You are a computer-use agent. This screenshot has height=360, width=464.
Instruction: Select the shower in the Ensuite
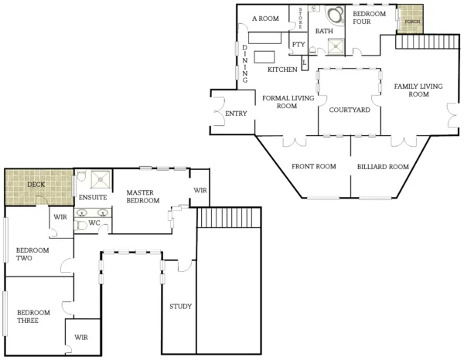coord(101,180)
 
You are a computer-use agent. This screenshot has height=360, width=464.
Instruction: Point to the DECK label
coord(36,185)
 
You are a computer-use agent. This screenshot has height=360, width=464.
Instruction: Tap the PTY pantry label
coord(299,44)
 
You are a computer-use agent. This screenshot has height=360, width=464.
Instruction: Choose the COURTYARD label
coord(350,110)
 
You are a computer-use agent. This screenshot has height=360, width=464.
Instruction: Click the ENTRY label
coord(235,114)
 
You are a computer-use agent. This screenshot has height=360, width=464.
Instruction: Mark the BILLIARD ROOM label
coord(382,166)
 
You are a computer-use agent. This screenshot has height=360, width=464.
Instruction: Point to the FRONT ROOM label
coord(313,166)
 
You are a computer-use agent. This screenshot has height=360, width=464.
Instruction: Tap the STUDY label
coord(180,307)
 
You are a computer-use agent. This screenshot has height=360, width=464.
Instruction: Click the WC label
coord(94,224)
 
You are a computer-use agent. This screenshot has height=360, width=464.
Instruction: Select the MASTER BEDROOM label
coord(143,197)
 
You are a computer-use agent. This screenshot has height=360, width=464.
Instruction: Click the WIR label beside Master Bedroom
coord(200,189)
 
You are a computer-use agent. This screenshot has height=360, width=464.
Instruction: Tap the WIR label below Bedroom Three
coord(81,338)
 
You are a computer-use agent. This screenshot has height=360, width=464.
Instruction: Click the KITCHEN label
coord(282,70)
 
